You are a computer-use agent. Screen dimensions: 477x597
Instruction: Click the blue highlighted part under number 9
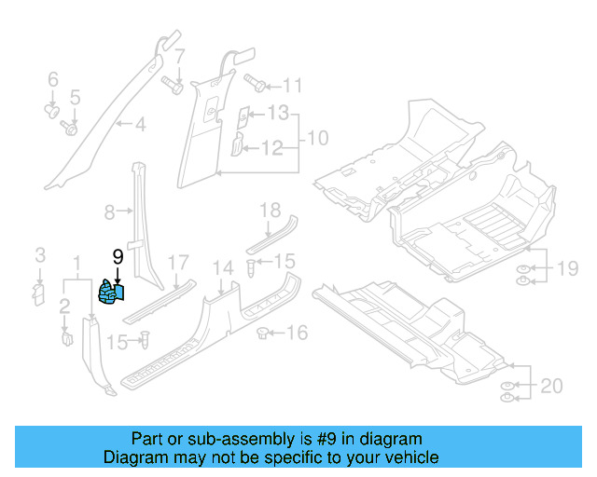point(113,294)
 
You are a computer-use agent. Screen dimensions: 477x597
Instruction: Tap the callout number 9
point(118,256)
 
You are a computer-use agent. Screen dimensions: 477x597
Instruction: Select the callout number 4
point(140,124)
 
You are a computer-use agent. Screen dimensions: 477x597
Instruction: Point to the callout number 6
point(52,79)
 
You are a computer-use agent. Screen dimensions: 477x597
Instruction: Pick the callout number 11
point(293,87)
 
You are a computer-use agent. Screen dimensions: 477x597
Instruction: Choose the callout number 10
point(317,139)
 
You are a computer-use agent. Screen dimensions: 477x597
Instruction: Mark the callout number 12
point(271,147)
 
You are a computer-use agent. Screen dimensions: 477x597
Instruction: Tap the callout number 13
point(278,113)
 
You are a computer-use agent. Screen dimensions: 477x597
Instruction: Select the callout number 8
point(108,212)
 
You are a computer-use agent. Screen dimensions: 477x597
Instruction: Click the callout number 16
point(296,333)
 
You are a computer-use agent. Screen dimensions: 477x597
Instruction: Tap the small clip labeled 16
point(263,331)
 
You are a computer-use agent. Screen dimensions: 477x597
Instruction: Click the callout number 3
point(39,254)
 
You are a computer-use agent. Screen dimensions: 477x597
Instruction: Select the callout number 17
point(177,264)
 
